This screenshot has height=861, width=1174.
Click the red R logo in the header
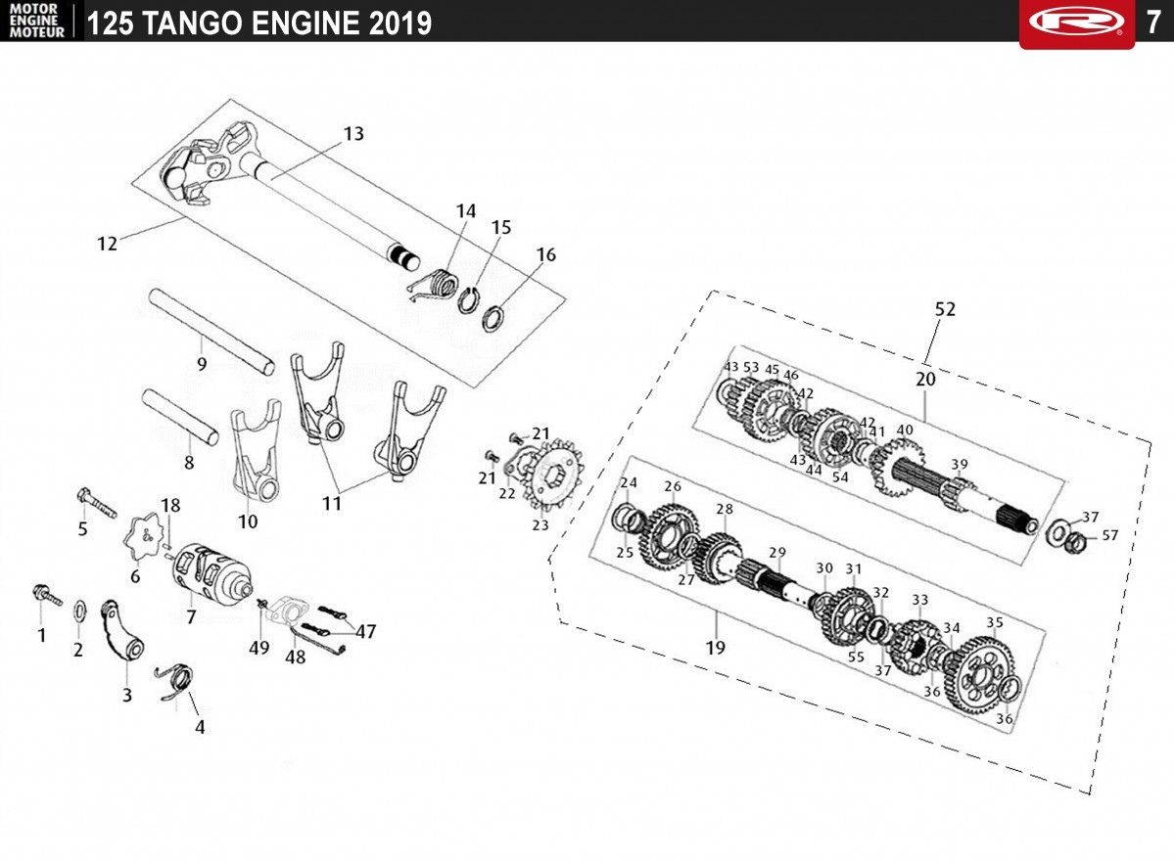(1077, 22)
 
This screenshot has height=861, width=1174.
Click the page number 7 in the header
(1153, 23)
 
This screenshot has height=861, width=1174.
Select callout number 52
(945, 309)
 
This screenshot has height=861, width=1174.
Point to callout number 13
(353, 133)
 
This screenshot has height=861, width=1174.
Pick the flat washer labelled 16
(493, 318)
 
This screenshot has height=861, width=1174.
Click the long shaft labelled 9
(211, 332)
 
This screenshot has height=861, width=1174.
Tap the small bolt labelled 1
(46, 595)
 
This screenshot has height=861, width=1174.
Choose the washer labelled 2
(79, 611)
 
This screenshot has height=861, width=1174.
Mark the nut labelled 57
(1076, 538)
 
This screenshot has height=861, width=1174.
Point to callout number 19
(715, 647)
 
